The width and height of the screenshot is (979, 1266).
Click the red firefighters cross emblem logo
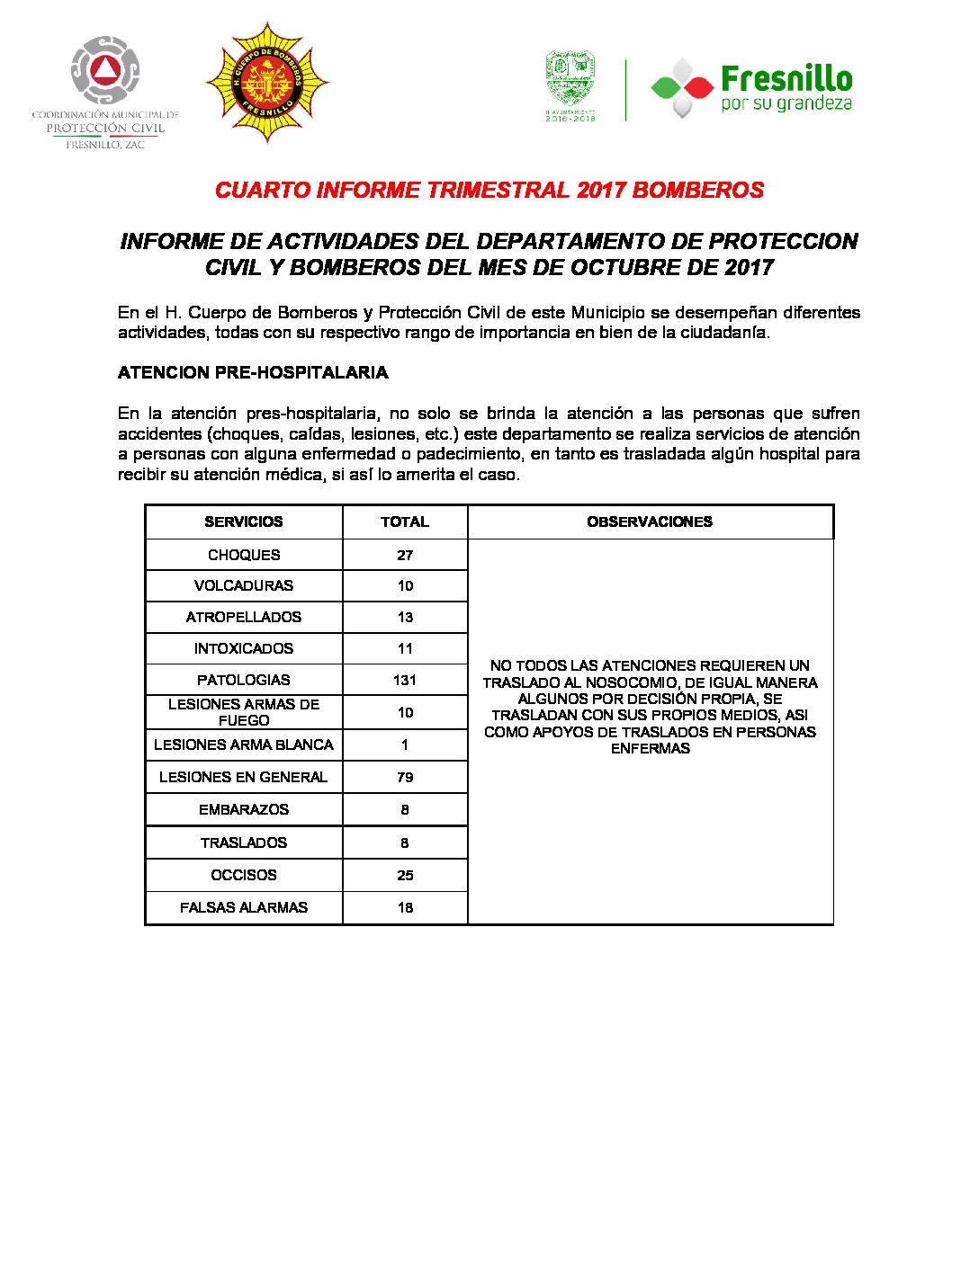(x=267, y=84)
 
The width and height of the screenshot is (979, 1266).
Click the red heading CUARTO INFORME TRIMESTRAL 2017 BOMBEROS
(x=489, y=191)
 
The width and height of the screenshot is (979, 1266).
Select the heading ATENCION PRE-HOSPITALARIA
(x=253, y=372)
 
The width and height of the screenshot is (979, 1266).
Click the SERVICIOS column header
(x=244, y=522)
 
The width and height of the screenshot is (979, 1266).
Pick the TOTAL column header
(x=405, y=522)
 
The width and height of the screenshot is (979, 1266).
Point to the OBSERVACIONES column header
(x=650, y=522)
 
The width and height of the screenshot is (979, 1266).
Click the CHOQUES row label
(x=244, y=555)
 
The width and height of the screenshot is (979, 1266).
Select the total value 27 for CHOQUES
(x=405, y=555)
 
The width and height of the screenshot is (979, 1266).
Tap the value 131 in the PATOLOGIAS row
(x=405, y=680)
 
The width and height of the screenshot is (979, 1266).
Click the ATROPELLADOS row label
(x=244, y=617)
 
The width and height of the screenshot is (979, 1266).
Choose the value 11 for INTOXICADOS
(x=405, y=648)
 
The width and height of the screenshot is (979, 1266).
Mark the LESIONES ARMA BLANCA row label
(x=244, y=744)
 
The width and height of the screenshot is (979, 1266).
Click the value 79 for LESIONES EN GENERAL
(x=405, y=777)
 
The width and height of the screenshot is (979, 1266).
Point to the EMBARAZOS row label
(x=244, y=809)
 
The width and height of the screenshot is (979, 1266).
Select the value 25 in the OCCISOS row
(x=405, y=875)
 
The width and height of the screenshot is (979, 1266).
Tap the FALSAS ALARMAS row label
(x=244, y=907)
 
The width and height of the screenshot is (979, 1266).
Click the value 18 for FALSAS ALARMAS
(x=405, y=907)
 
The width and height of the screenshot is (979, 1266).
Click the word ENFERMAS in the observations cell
(x=650, y=748)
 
